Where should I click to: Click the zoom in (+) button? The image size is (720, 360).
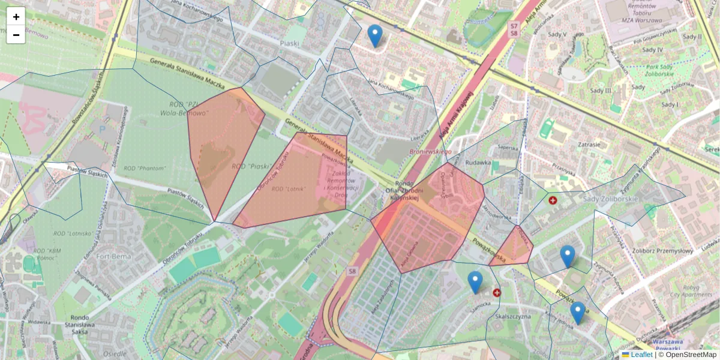point(16,17)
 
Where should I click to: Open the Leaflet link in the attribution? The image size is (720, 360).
point(641,355)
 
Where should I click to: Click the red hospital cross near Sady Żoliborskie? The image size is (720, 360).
point(553,200)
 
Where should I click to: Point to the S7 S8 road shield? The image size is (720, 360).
point(514,29)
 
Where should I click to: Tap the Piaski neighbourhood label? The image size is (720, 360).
point(289,43)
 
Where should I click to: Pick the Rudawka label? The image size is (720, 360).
point(478,162)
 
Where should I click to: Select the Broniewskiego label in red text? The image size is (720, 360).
point(430,152)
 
